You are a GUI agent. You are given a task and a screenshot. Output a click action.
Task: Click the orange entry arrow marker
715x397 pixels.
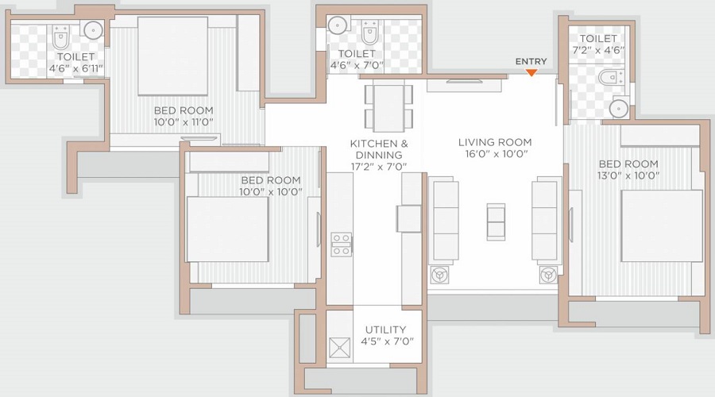[x=531, y=73]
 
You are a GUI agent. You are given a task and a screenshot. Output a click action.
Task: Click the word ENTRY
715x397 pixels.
[x=531, y=61]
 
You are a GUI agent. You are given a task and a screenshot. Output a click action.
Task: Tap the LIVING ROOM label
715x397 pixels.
[x=494, y=142]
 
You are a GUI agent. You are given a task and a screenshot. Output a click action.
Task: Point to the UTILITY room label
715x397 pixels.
[x=385, y=330]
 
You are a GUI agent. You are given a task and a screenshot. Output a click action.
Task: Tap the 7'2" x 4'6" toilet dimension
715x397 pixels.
[x=598, y=50]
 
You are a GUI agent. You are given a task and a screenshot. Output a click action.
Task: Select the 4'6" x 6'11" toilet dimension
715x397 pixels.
[x=75, y=68]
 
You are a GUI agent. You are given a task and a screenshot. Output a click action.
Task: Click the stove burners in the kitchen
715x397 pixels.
[x=342, y=245]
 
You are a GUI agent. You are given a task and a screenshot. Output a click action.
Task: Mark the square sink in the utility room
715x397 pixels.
[x=340, y=347]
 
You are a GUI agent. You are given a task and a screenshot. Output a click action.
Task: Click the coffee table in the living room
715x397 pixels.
[x=495, y=222]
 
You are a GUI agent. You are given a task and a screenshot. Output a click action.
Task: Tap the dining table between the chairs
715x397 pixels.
[x=388, y=107]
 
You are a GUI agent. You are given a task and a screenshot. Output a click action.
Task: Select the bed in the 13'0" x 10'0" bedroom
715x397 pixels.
[x=661, y=225]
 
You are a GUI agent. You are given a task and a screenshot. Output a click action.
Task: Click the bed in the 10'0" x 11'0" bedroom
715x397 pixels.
[x=172, y=56]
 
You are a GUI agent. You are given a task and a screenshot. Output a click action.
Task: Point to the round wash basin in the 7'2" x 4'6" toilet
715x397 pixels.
[x=619, y=107]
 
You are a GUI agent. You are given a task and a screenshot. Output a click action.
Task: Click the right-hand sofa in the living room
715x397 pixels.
[x=546, y=216]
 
